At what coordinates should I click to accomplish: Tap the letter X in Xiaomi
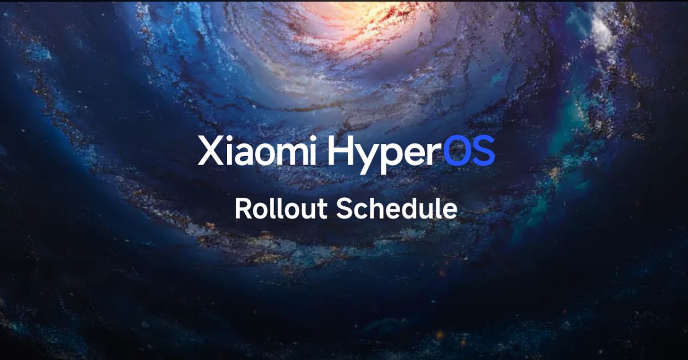209,151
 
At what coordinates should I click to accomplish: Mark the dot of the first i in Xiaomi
228,139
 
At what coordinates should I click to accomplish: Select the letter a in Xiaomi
244,154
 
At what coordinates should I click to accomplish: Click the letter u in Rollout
309,211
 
